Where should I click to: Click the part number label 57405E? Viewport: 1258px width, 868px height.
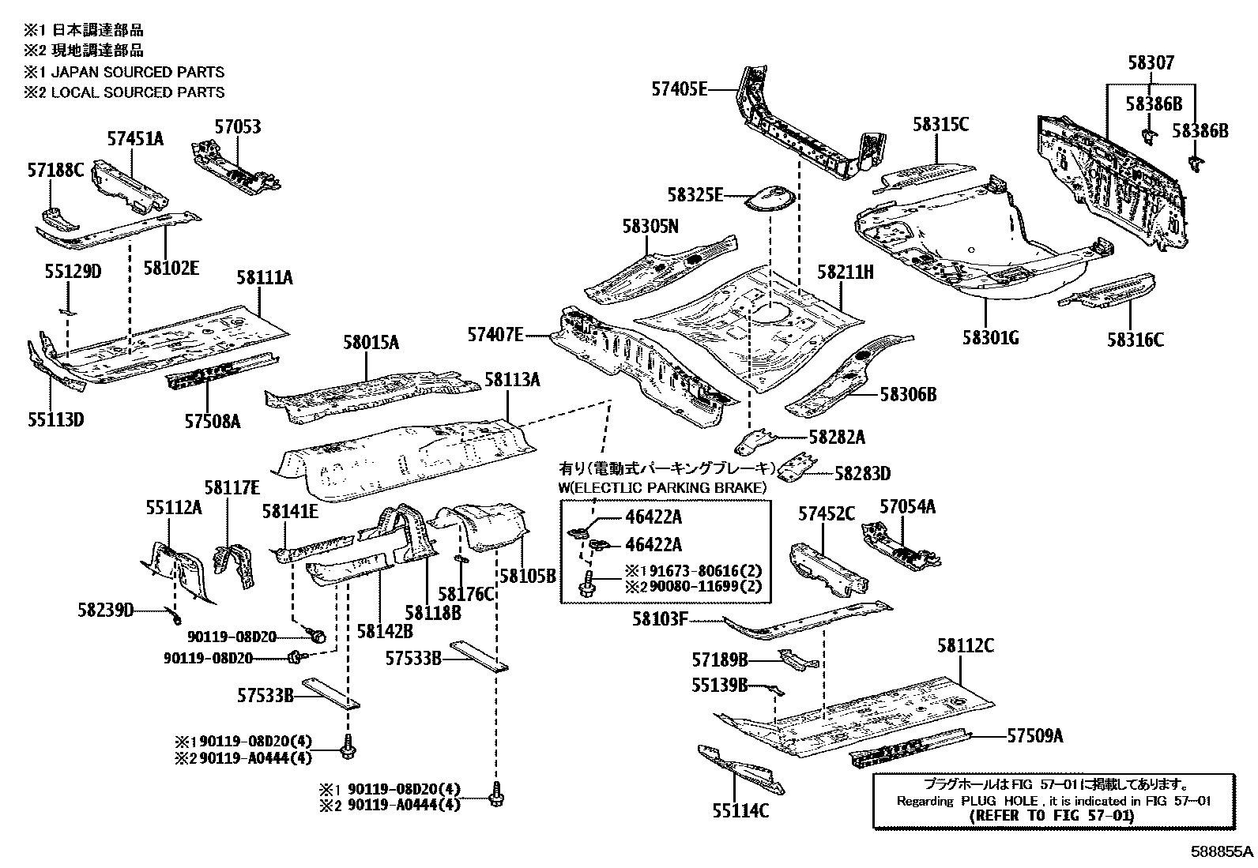(679, 89)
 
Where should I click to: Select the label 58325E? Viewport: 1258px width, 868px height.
(695, 194)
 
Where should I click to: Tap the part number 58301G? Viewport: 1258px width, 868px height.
(990, 338)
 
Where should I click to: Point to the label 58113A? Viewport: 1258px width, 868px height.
(512, 380)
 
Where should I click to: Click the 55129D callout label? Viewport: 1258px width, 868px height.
(73, 271)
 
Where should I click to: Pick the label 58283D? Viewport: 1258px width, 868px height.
(863, 473)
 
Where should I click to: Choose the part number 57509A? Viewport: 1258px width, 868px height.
(1034, 736)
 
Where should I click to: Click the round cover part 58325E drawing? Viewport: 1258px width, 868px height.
(770, 197)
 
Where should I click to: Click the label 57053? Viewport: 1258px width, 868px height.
(237, 126)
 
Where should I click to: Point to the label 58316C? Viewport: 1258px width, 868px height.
(1135, 340)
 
